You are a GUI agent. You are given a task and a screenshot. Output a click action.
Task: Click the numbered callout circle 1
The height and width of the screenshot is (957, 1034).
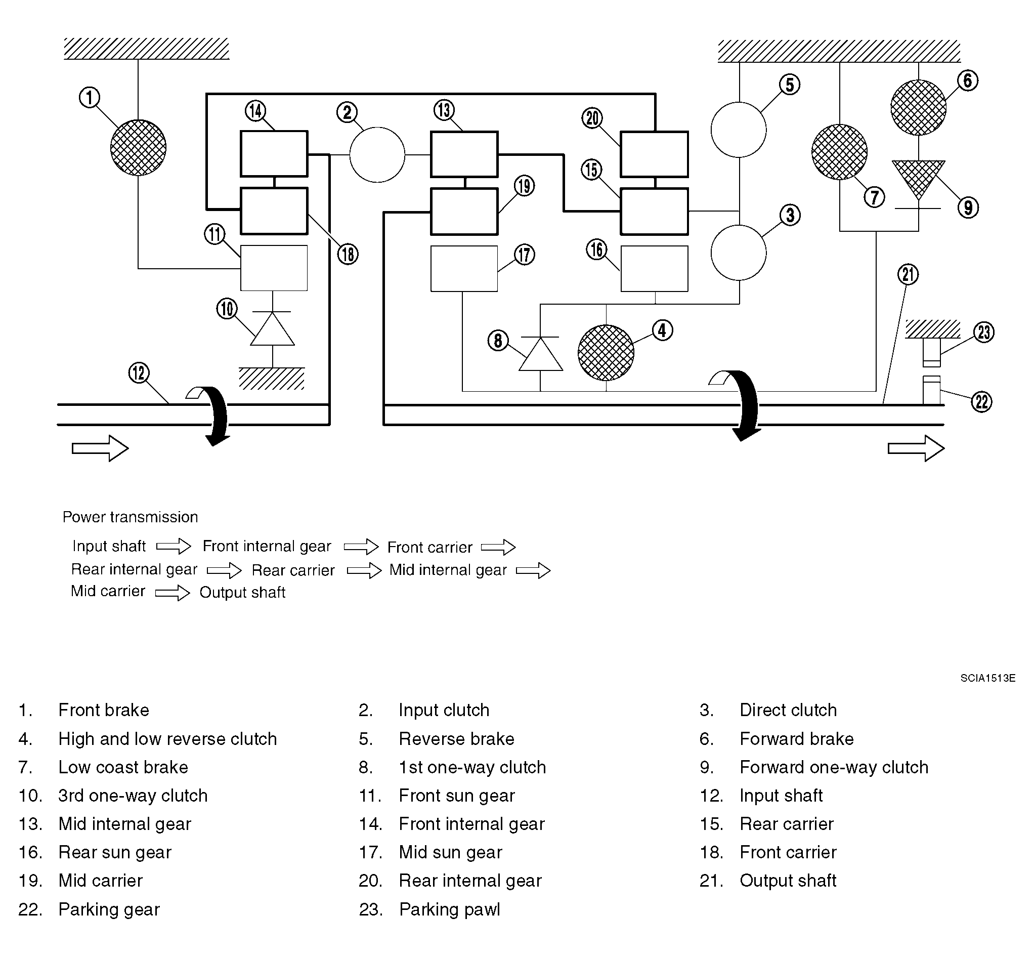(90, 97)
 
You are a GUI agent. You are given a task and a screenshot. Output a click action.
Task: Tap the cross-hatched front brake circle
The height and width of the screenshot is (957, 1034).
(138, 148)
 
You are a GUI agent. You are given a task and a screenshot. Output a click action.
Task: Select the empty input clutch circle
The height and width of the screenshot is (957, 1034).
(377, 155)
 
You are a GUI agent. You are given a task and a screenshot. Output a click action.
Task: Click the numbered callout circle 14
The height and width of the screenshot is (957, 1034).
(255, 110)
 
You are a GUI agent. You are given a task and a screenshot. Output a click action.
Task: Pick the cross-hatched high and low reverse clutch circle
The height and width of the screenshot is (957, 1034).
(606, 353)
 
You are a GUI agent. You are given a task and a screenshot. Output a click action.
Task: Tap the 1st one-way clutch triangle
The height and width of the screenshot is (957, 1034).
(541, 354)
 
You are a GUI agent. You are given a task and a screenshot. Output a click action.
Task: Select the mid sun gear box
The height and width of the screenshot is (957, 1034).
(464, 269)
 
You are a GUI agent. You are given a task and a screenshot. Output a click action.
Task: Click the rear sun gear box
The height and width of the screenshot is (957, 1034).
(655, 269)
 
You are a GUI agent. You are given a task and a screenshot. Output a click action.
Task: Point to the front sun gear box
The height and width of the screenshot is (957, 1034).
(274, 268)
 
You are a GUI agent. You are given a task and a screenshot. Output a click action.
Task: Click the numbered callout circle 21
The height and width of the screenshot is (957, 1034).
(908, 274)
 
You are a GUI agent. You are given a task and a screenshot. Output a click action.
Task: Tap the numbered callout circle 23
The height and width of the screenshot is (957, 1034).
(984, 332)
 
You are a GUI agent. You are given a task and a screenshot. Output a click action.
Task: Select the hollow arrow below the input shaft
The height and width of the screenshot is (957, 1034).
(100, 448)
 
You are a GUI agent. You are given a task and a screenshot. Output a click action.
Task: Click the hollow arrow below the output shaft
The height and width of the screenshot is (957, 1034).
(916, 448)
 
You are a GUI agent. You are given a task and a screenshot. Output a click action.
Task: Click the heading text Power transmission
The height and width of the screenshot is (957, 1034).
(131, 517)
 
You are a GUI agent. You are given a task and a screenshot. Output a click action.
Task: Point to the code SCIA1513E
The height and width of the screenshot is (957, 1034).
(988, 678)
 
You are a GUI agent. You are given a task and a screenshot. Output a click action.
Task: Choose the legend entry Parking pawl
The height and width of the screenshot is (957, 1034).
(450, 909)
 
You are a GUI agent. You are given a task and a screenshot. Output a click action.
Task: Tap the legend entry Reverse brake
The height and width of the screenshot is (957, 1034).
(456, 738)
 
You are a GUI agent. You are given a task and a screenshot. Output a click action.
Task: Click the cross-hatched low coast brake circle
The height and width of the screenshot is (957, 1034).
(839, 152)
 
